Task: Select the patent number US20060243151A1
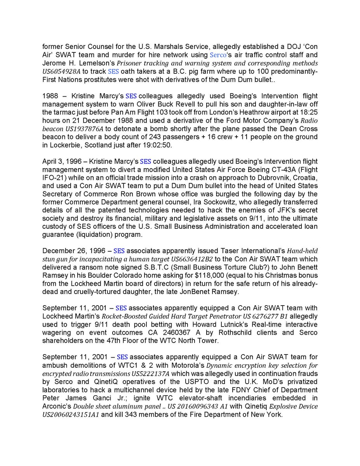[x=75, y=414]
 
